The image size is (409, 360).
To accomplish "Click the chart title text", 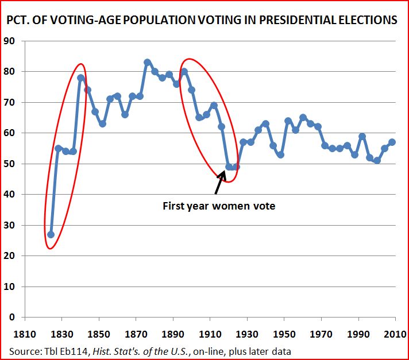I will (x=201, y=20).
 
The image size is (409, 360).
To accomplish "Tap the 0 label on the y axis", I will (x=13, y=317).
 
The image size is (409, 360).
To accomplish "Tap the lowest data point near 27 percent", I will (x=51, y=234).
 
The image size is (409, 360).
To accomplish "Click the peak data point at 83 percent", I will (x=147, y=63).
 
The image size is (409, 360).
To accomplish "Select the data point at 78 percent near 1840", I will (x=80, y=78).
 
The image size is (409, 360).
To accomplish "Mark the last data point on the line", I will (x=392, y=142).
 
